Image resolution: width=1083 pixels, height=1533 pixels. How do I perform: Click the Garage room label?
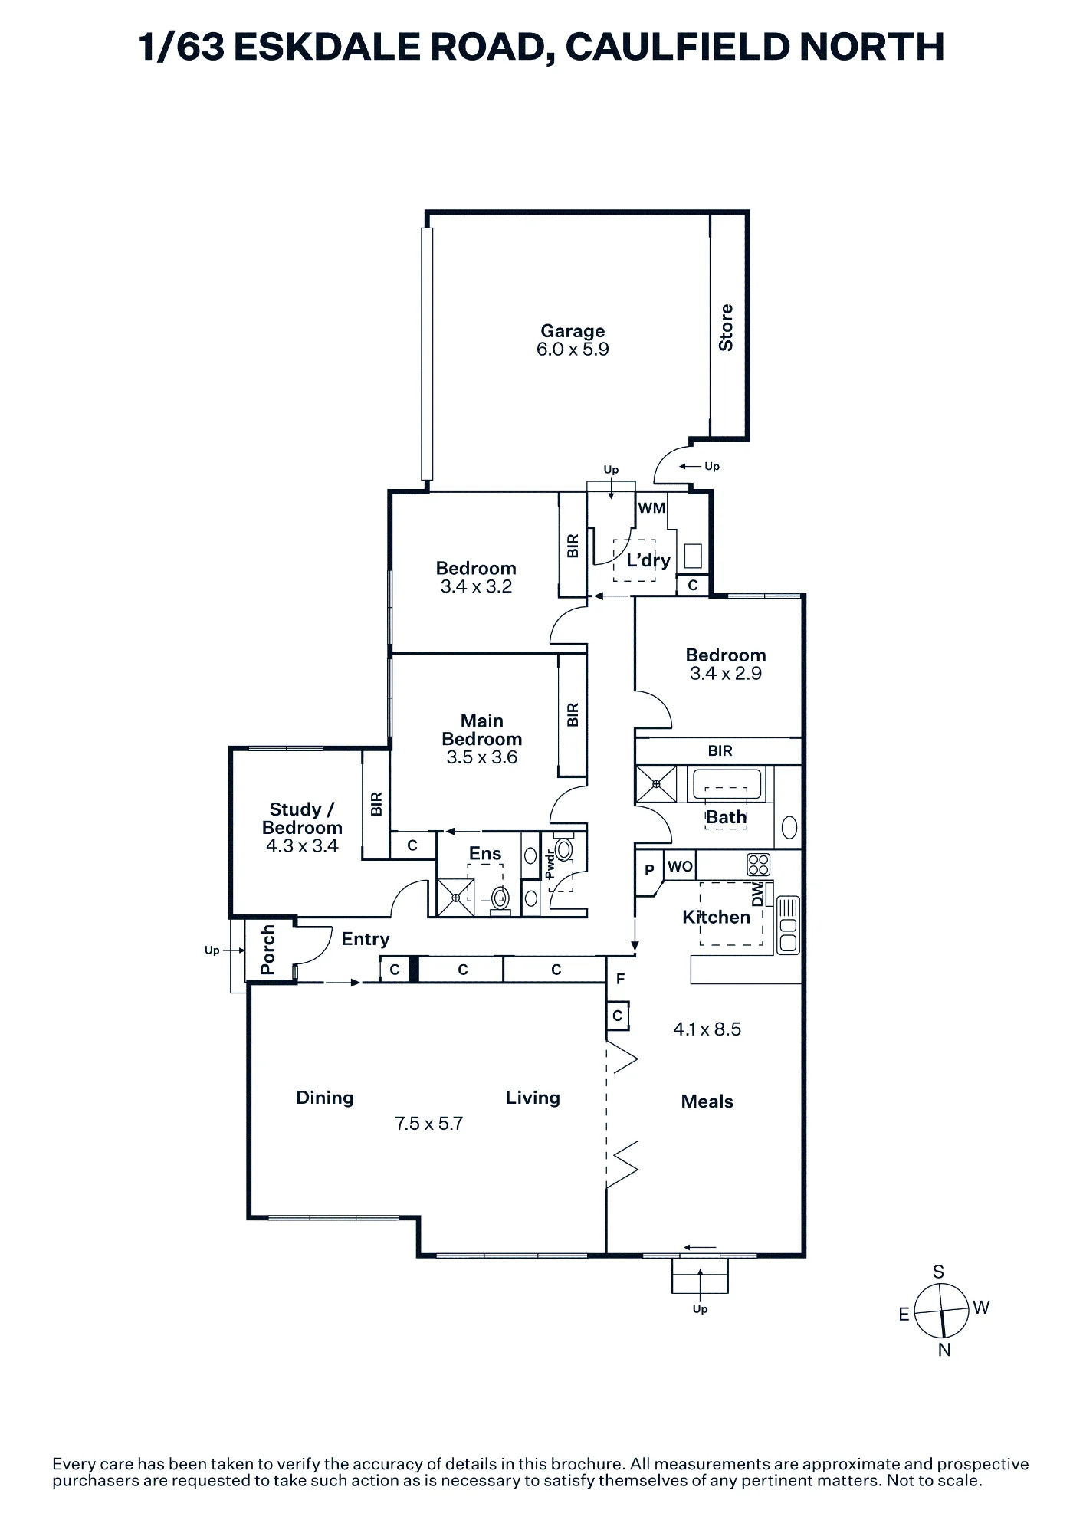[573, 331]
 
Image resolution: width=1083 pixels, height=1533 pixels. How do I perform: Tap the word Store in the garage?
[725, 328]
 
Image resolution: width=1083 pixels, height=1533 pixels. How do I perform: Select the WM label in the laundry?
[651, 507]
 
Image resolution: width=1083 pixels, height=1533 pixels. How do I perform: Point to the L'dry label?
[648, 560]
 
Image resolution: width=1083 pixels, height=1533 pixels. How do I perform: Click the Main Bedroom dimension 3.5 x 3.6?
[482, 757]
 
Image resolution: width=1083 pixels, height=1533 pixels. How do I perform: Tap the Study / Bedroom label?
[302, 819]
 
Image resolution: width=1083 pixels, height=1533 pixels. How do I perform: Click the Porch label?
[267, 950]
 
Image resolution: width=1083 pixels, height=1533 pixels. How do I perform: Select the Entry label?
[366, 939]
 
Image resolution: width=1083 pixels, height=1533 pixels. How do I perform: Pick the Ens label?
[485, 853]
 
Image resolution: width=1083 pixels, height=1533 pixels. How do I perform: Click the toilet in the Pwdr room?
[564, 848]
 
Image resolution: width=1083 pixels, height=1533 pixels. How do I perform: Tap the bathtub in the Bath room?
[727, 783]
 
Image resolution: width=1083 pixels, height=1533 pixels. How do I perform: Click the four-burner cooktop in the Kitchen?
[758, 865]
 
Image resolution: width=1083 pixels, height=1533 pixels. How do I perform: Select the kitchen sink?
[788, 925]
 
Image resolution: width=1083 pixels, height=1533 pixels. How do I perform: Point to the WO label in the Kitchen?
[680, 866]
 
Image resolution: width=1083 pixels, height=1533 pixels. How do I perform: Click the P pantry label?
[649, 870]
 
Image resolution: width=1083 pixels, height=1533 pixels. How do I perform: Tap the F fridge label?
[620, 979]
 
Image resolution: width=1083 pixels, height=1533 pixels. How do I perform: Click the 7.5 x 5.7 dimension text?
[429, 1124]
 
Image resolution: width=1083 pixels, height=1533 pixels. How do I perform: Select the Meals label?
[707, 1101]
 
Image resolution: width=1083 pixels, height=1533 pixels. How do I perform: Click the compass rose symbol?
[942, 1310]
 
